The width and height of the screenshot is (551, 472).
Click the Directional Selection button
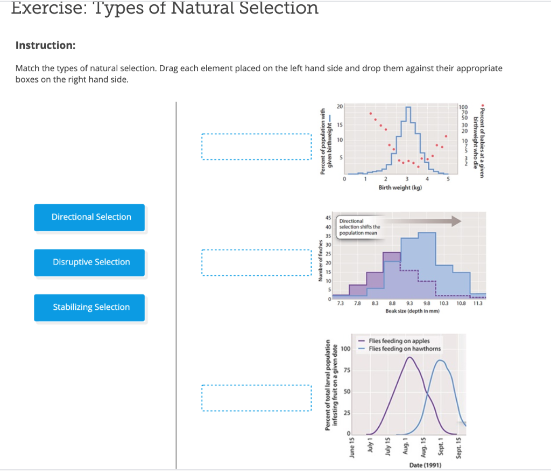pos(90,217)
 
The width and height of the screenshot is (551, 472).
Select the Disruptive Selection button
pos(90,262)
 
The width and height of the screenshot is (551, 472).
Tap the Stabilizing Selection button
pos(90,308)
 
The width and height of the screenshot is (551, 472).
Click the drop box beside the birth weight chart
pos(256,147)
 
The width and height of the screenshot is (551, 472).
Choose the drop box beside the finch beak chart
pos(256,262)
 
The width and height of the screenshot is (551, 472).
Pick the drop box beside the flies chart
pos(256,398)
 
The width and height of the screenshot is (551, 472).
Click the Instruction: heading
pos(45,45)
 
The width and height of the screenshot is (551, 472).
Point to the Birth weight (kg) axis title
pos(400,188)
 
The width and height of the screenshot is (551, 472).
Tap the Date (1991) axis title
pos(426,464)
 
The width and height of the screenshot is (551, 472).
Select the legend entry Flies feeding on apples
pos(398,341)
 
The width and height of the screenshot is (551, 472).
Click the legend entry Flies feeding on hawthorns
pos(404,349)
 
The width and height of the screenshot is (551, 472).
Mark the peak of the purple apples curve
pos(409,357)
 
